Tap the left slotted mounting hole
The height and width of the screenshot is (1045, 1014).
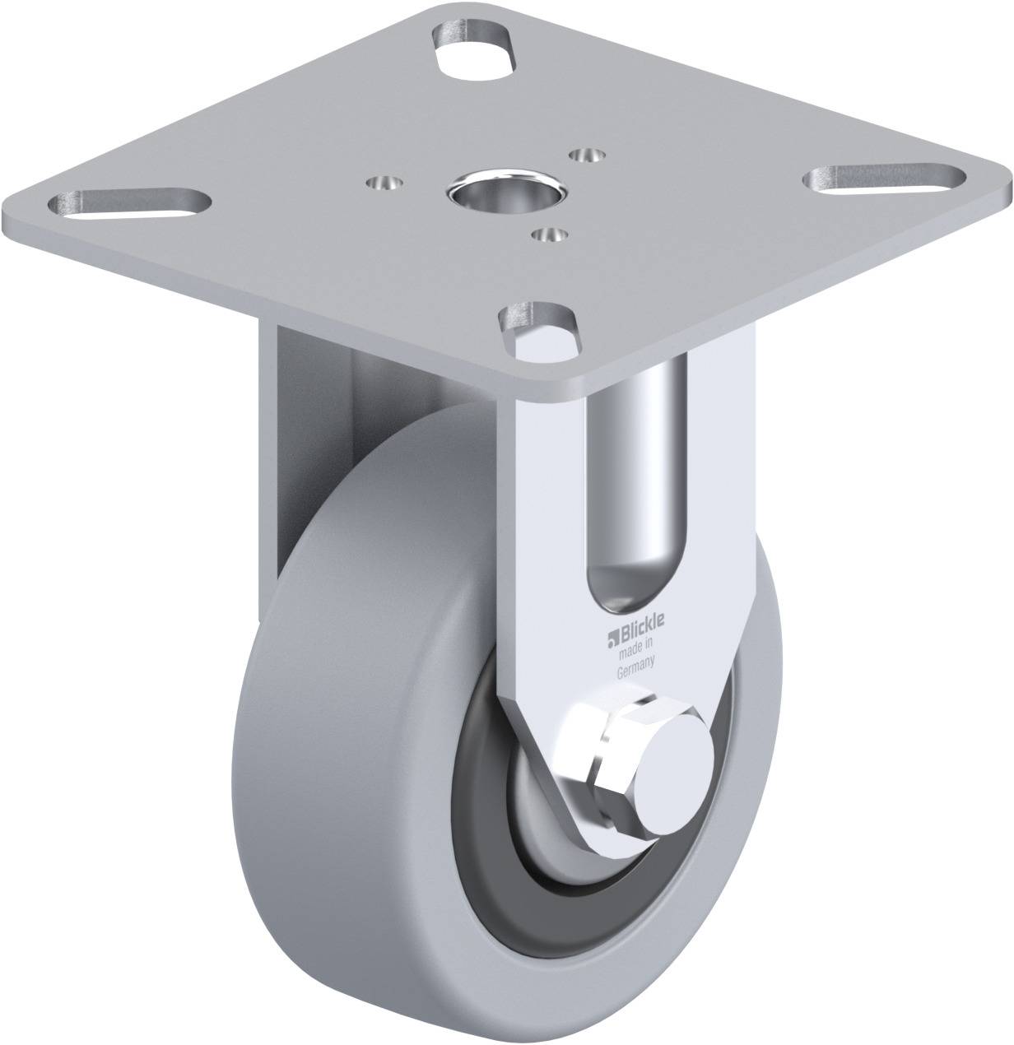tap(129, 204)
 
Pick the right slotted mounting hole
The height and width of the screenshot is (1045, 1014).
tap(884, 179)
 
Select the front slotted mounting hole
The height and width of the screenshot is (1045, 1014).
tap(538, 334)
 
